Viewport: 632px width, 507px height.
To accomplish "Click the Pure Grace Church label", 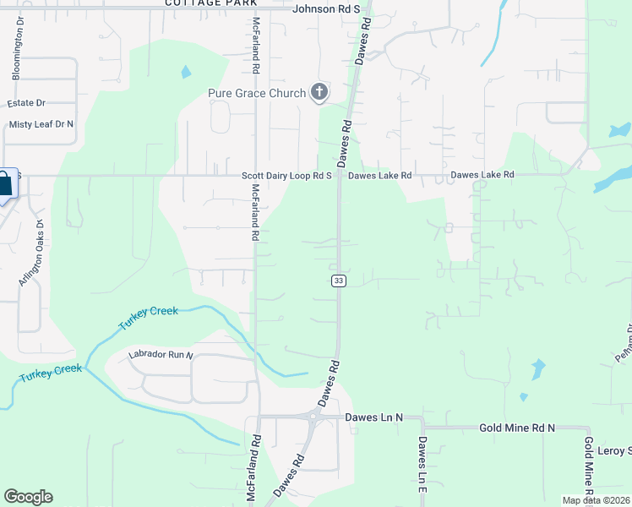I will [x=257, y=93].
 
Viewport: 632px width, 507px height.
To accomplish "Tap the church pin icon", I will [x=319, y=92].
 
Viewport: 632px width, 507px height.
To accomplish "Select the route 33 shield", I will [x=338, y=281].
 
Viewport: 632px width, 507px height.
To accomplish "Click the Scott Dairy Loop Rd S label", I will [x=286, y=176].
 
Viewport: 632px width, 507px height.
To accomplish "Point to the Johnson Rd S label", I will [x=326, y=9].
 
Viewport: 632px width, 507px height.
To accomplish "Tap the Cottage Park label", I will [x=210, y=3].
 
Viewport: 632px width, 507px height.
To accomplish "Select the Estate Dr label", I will [x=25, y=103].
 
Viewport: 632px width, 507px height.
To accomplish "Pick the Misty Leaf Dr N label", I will [x=41, y=124].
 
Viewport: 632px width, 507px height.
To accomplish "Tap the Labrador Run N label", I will [x=161, y=355].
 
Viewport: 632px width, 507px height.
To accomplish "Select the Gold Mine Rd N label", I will [x=517, y=428].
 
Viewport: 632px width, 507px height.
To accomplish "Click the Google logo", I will [x=28, y=497].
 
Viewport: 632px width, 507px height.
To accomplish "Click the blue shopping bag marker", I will [x=5, y=184].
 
